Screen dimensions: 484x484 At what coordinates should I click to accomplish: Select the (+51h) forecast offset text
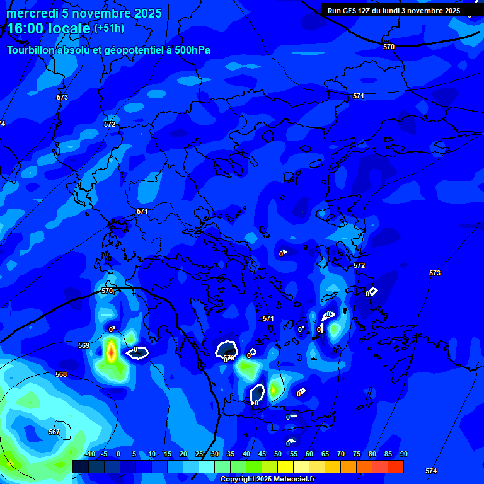pos(109,28)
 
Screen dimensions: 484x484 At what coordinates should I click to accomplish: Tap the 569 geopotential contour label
pos(84,345)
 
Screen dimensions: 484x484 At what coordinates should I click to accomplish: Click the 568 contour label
pos(61,374)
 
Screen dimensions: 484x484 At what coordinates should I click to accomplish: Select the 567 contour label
pos(54,432)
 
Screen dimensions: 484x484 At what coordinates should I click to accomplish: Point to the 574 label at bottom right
pos(431,471)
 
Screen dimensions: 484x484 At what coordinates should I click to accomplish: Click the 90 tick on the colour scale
pos(403,454)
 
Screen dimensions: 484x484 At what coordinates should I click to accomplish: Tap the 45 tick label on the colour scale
pos(262,454)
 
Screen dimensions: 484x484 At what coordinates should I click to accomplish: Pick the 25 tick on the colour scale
pos(199,454)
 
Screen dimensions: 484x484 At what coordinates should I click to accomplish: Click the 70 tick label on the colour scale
pos(340,454)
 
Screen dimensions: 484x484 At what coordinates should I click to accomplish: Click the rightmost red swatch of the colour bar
pos(396,466)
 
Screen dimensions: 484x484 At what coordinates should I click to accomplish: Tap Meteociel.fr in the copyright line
pos(291,479)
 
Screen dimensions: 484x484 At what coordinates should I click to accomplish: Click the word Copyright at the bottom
pos(238,479)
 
